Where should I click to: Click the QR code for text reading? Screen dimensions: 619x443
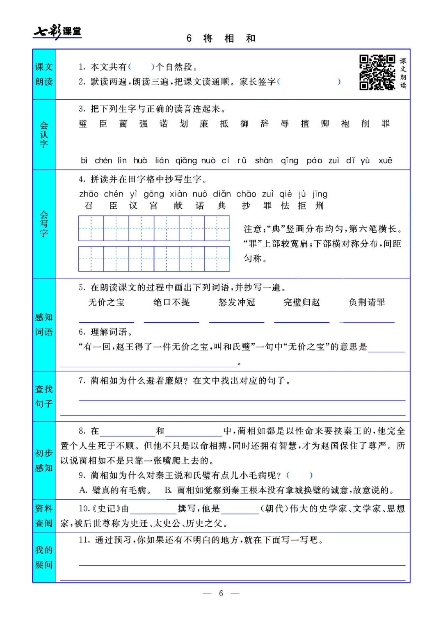click(377, 73)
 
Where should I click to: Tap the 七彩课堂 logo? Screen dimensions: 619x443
click(57, 31)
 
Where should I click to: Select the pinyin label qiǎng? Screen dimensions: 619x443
click(186, 160)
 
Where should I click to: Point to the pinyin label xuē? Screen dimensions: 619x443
click(385, 160)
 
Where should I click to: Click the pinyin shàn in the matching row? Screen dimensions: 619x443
click(264, 160)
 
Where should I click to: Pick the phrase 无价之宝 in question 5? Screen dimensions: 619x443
click(106, 302)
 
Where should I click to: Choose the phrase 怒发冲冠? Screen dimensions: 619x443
click(237, 302)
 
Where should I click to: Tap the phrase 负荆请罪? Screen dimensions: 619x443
click(367, 302)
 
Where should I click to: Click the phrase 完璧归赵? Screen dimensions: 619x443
click(301, 302)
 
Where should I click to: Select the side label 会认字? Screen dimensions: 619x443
click(44, 135)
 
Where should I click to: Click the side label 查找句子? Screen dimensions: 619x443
click(44, 396)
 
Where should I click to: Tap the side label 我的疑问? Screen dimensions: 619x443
click(44, 557)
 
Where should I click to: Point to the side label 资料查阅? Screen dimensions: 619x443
click(44, 516)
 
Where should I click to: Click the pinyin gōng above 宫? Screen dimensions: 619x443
click(154, 194)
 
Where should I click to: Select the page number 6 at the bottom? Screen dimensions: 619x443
click(221, 593)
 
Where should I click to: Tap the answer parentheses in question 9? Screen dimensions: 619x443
click(299, 475)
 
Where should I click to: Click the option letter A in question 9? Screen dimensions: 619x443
click(83, 490)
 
